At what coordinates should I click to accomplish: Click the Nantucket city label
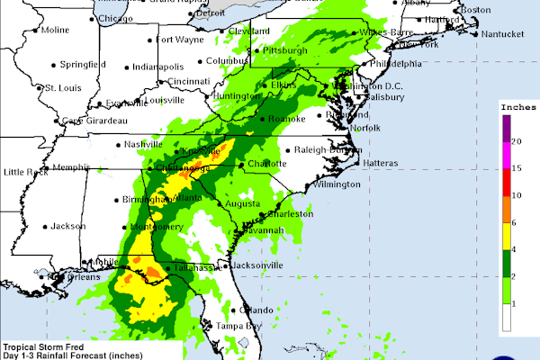[x=500, y=34]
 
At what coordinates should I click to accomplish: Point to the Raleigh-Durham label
[x=321, y=150]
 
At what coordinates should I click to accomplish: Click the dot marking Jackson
[x=43, y=227]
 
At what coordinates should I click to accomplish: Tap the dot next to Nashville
[x=119, y=144]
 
